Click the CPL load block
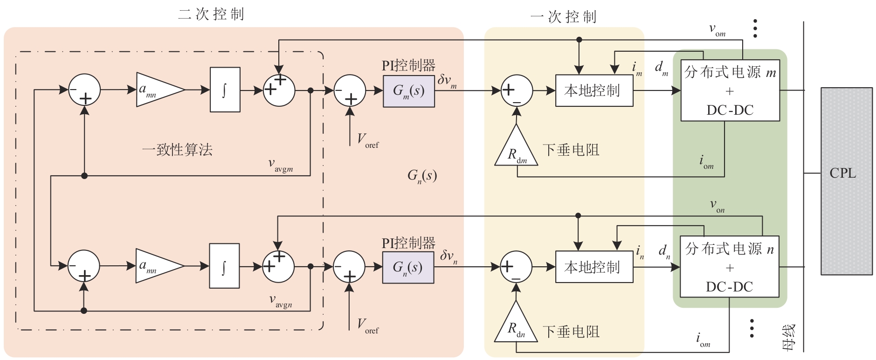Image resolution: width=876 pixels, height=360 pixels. pos(846,180)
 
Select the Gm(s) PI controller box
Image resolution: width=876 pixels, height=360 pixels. pos(408,91)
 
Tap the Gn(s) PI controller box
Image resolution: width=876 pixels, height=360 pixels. pos(408,268)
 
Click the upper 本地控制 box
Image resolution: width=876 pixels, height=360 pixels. pos(594,90)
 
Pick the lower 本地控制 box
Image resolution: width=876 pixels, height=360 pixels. pos(594,267)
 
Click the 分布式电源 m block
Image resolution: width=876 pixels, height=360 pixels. pos(730,90)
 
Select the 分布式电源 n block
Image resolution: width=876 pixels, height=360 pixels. pos(730,267)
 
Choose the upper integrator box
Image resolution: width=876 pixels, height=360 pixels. pos(225,90)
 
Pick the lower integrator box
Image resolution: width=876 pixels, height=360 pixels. pos(224,266)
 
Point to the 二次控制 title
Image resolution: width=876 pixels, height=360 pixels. pos(211,14)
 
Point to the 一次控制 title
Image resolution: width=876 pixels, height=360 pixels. pos(563,17)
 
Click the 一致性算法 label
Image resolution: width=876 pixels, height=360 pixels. pos(177,150)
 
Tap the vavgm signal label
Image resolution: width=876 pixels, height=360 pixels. pos(281,165)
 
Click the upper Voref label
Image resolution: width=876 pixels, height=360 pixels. pos(368,140)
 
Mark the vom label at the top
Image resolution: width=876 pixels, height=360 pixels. pos(717,30)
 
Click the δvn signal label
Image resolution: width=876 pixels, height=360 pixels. pos(448,256)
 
